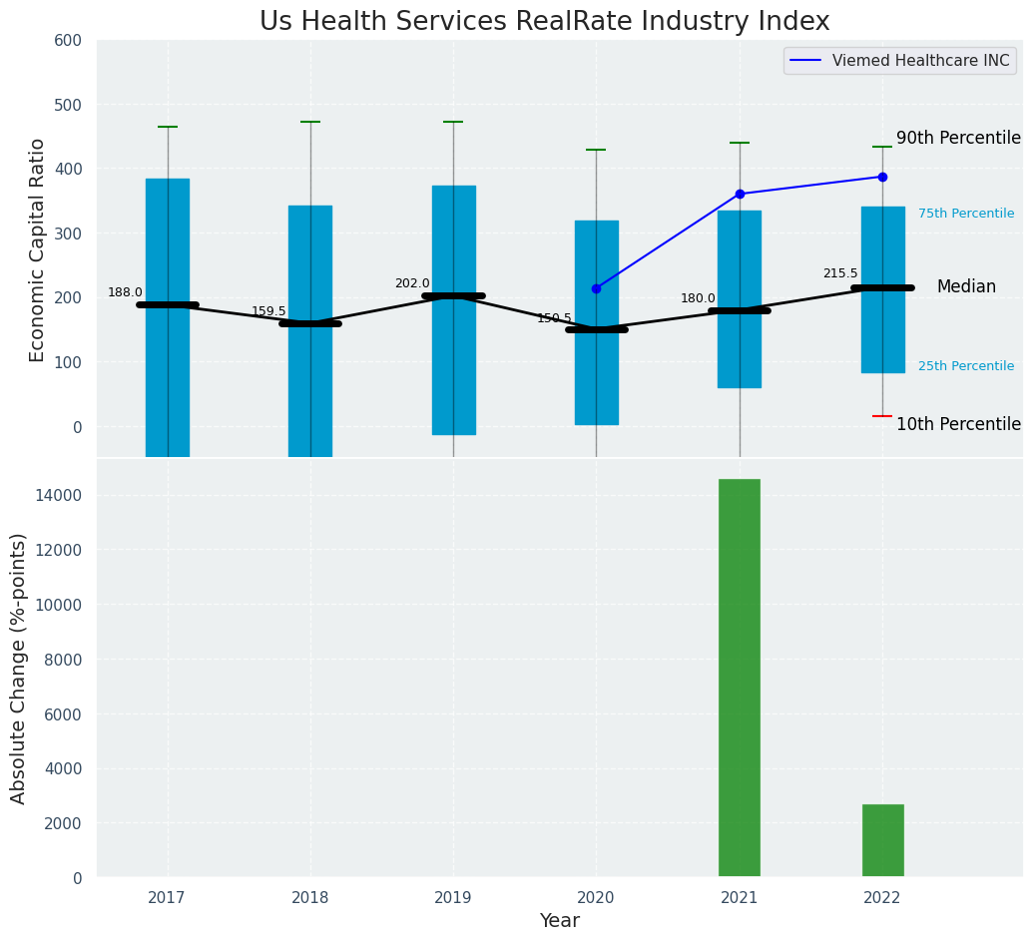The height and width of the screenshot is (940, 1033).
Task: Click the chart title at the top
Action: pos(544,22)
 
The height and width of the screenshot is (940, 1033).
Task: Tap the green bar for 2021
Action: pos(740,678)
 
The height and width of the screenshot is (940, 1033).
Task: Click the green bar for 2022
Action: pos(882,840)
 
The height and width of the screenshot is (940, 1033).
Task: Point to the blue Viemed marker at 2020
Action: pos(597,288)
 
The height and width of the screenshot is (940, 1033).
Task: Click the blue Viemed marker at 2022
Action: pos(882,177)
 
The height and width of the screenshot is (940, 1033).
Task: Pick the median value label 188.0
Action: pos(125,292)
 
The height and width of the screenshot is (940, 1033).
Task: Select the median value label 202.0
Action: pos(411,283)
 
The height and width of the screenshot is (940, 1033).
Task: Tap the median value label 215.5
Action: pos(840,273)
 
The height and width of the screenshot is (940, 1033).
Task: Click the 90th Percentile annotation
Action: pos(958,138)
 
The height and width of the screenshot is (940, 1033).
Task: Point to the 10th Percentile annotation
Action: pos(958,424)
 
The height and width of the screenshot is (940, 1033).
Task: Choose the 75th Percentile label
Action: pos(965,214)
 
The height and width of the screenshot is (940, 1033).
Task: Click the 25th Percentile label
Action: pos(965,366)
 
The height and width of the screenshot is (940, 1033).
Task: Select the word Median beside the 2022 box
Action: pos(966,286)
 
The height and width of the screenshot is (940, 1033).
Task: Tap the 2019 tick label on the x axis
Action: pos(453,898)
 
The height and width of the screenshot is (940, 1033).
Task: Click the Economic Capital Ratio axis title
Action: pos(38,249)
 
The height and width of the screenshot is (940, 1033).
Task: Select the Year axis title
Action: pos(559,921)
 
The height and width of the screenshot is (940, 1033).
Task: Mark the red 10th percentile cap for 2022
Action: pos(882,416)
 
